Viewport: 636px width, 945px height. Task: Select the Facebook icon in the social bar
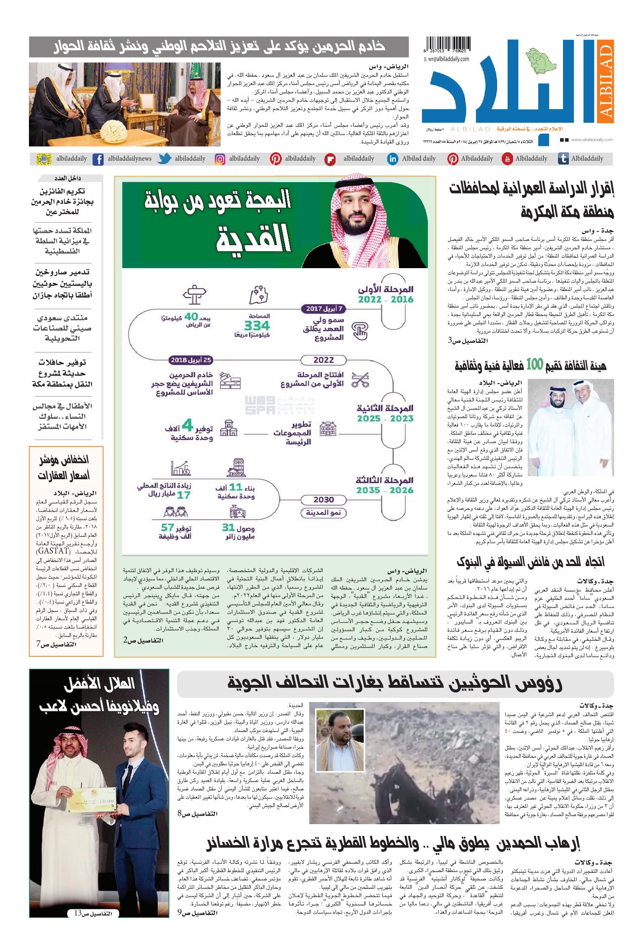click(98, 159)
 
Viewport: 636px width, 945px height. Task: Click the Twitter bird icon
click(165, 159)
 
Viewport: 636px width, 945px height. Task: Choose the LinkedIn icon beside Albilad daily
click(393, 159)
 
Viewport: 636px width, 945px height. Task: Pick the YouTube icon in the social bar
click(507, 159)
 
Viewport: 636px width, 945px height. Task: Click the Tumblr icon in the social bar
click(563, 159)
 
